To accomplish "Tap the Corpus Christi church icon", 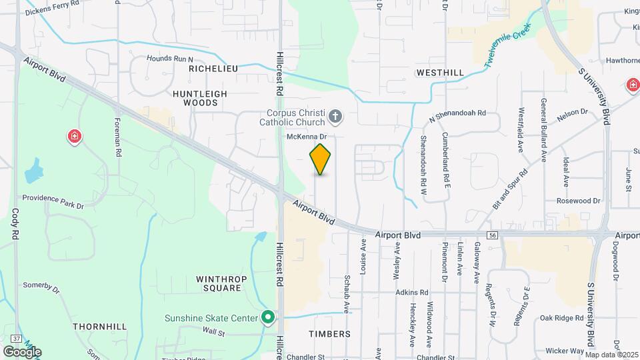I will pyautogui.click(x=335, y=118).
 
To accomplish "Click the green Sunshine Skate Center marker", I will pyautogui.click(x=268, y=317).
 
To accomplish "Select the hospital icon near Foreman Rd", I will pyautogui.click(x=75, y=137).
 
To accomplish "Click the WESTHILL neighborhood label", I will pyautogui.click(x=439, y=72).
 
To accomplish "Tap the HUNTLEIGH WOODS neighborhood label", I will pyautogui.click(x=200, y=98).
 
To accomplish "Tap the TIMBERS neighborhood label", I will pyautogui.click(x=330, y=333).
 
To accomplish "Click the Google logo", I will pyautogui.click(x=22, y=351).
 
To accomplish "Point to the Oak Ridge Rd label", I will pyautogui.click(x=562, y=318).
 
